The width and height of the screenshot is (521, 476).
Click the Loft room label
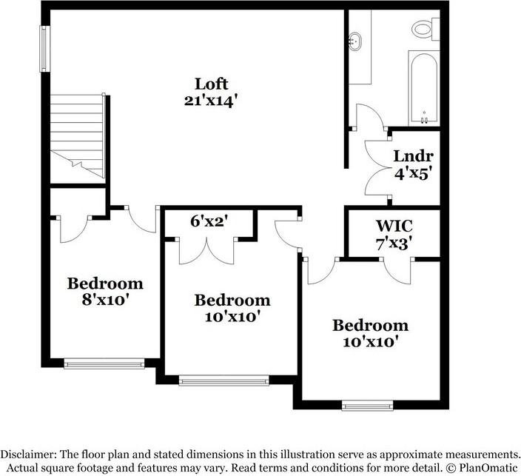click(211, 83)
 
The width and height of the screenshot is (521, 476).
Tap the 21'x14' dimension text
click(211, 101)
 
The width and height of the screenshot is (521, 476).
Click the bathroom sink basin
click(357, 40)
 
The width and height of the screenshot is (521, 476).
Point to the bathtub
click(423, 88)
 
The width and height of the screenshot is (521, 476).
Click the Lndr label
click(413, 156)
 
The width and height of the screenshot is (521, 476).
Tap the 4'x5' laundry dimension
click(413, 175)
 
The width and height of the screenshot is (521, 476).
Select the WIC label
click(393, 224)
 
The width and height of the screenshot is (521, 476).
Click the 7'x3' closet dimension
click(393, 243)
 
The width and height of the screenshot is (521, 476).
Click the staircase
click(77, 135)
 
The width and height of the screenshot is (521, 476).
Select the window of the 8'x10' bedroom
click(104, 363)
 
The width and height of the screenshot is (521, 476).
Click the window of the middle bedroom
click(223, 381)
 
